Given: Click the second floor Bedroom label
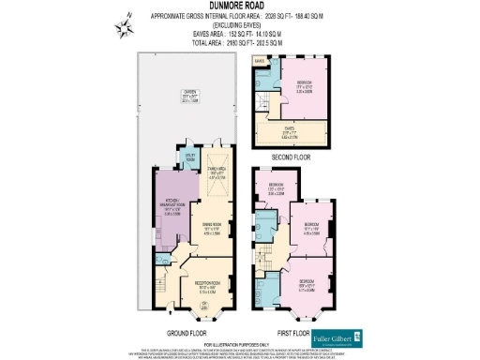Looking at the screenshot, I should tap(304, 87).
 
